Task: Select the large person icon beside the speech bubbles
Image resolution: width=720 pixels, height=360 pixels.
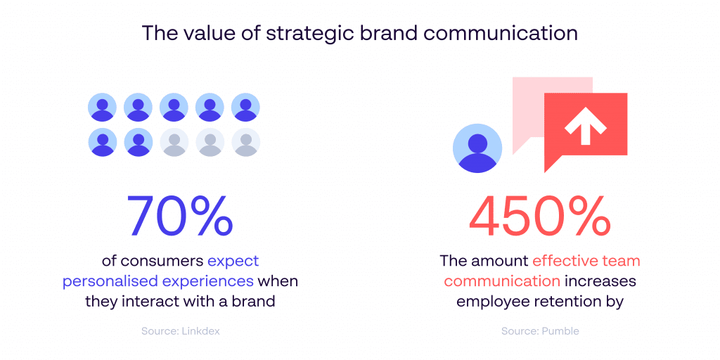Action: [x=478, y=148]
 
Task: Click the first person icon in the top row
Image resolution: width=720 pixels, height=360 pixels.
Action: [x=103, y=108]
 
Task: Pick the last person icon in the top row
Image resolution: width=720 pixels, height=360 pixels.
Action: [x=245, y=108]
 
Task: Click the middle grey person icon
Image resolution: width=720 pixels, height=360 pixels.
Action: [x=210, y=142]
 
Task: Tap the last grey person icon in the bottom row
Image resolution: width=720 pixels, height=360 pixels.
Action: [x=245, y=142]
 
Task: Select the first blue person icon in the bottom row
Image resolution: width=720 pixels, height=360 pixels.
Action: [x=103, y=142]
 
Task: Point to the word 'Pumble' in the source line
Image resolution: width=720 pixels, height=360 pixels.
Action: [x=560, y=330]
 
